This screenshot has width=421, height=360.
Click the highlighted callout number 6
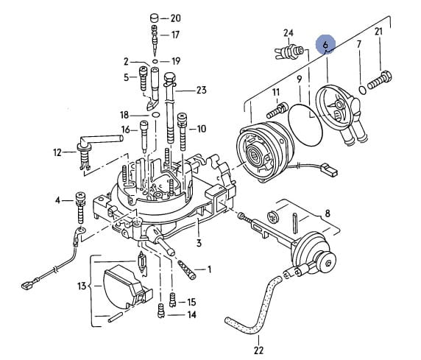(325, 45)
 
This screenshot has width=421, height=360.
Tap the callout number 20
(176, 18)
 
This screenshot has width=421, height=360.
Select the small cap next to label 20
(155, 18)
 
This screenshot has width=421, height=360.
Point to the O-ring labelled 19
(155, 62)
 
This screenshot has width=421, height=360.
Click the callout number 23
(202, 90)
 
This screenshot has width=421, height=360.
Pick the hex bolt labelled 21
(380, 80)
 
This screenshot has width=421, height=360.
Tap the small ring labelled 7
(362, 91)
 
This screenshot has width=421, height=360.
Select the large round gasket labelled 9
(305, 125)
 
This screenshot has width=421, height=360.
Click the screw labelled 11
(277, 110)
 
